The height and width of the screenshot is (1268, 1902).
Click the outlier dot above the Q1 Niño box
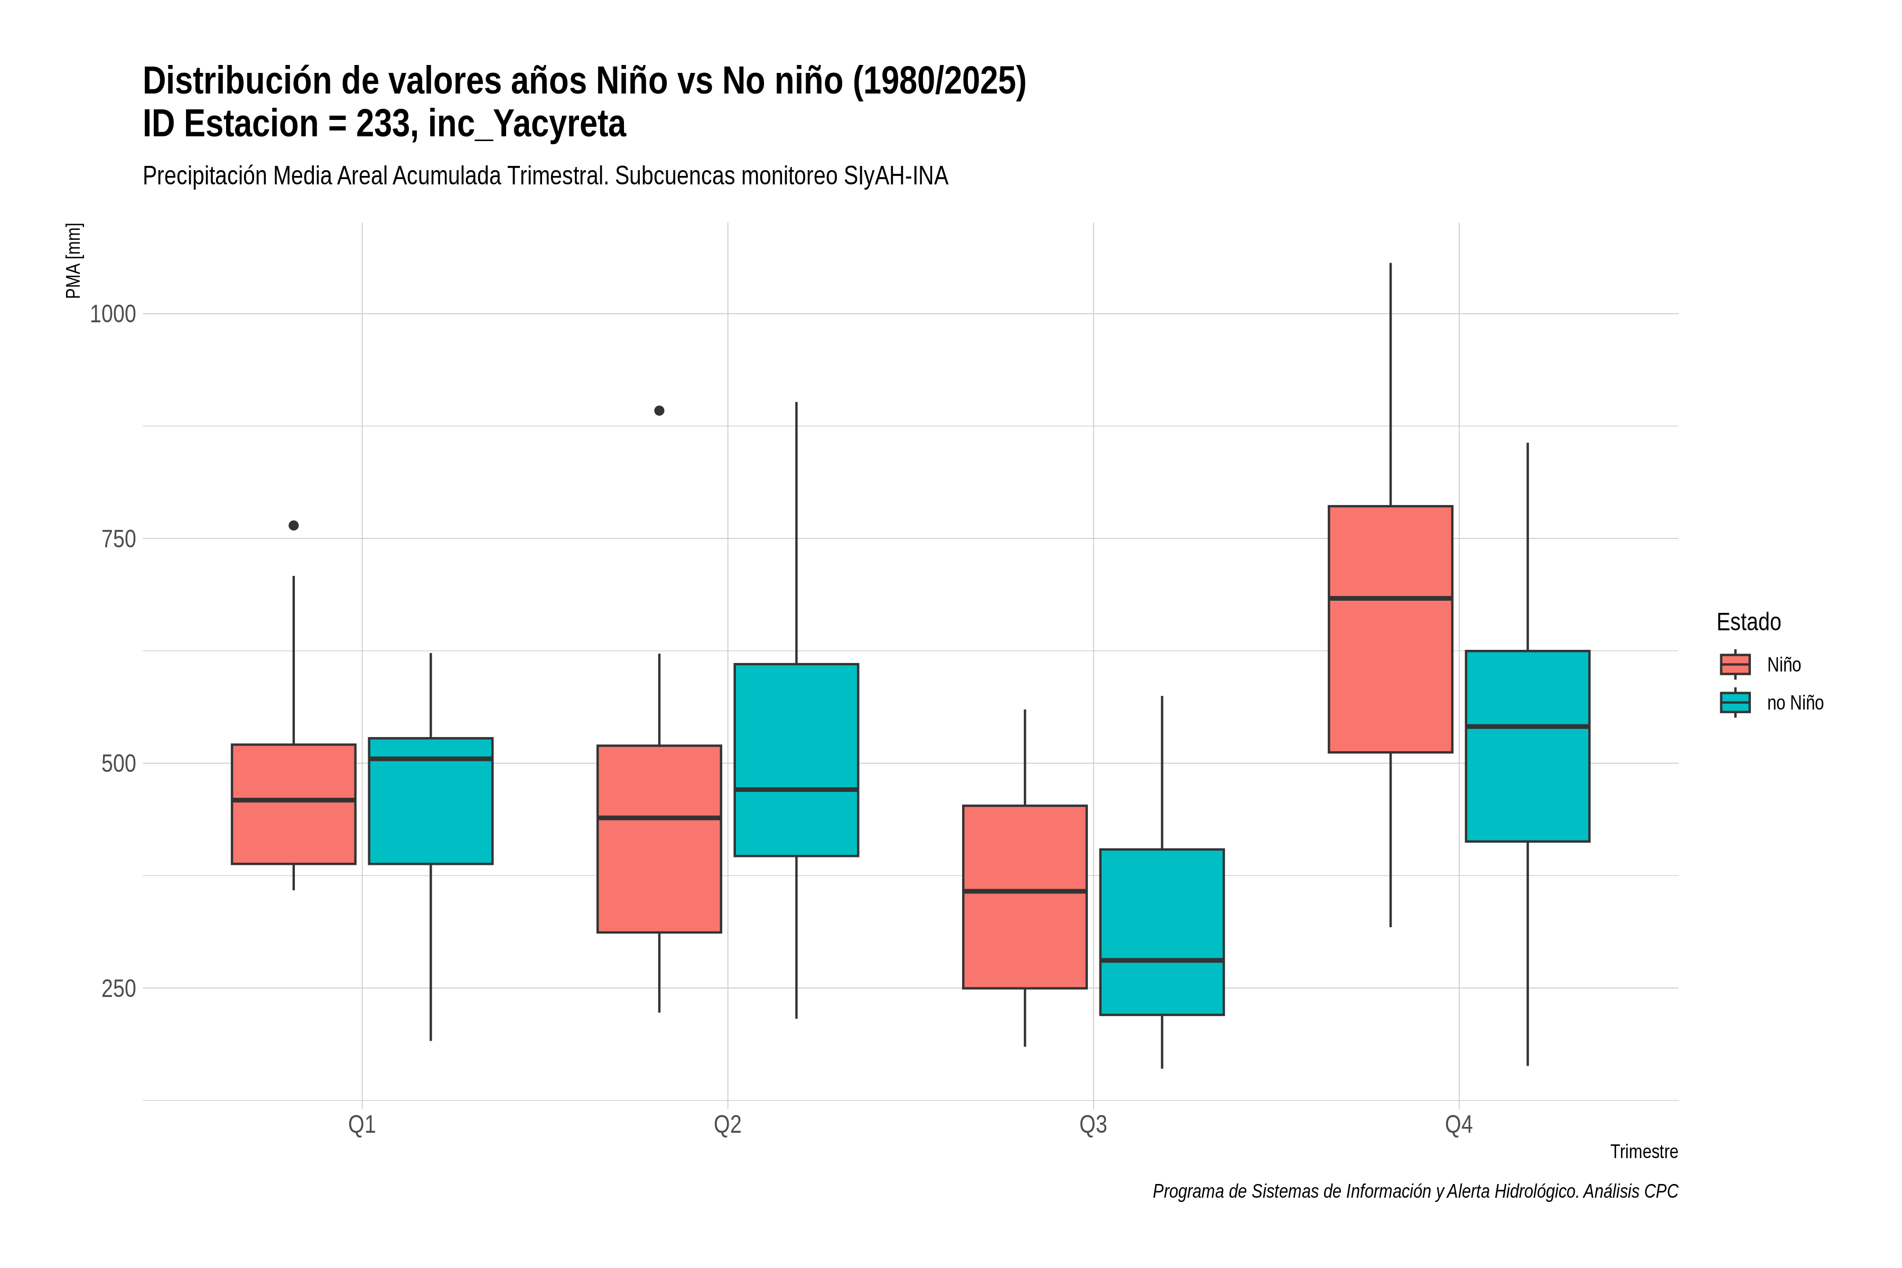(x=294, y=526)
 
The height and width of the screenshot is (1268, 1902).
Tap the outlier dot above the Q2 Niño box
(x=659, y=411)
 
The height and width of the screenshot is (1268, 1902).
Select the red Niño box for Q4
(x=1390, y=629)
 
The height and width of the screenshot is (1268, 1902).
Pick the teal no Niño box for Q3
(x=1162, y=931)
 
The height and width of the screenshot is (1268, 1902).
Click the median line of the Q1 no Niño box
(x=430, y=759)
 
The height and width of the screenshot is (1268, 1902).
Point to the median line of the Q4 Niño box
(x=1390, y=599)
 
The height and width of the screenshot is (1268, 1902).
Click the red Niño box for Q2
(x=659, y=838)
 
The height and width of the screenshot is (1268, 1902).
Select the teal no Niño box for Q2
(x=797, y=760)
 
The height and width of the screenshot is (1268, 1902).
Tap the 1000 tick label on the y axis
(x=113, y=314)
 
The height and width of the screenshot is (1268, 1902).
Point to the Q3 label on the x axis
(x=1093, y=1125)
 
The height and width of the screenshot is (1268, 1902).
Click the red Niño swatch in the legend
(x=1736, y=665)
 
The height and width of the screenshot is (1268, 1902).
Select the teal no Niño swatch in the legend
(x=1736, y=703)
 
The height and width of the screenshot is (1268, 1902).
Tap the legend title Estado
(x=1748, y=622)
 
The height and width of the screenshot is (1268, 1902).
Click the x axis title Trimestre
(x=1644, y=1152)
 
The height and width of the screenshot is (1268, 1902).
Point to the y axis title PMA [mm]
(x=73, y=261)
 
